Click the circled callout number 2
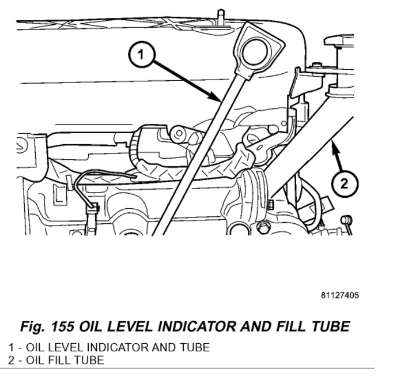[344, 184]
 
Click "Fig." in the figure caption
[33, 326]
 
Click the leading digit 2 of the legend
[11, 361]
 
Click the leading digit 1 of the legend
[11, 347]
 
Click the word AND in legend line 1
[150, 347]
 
